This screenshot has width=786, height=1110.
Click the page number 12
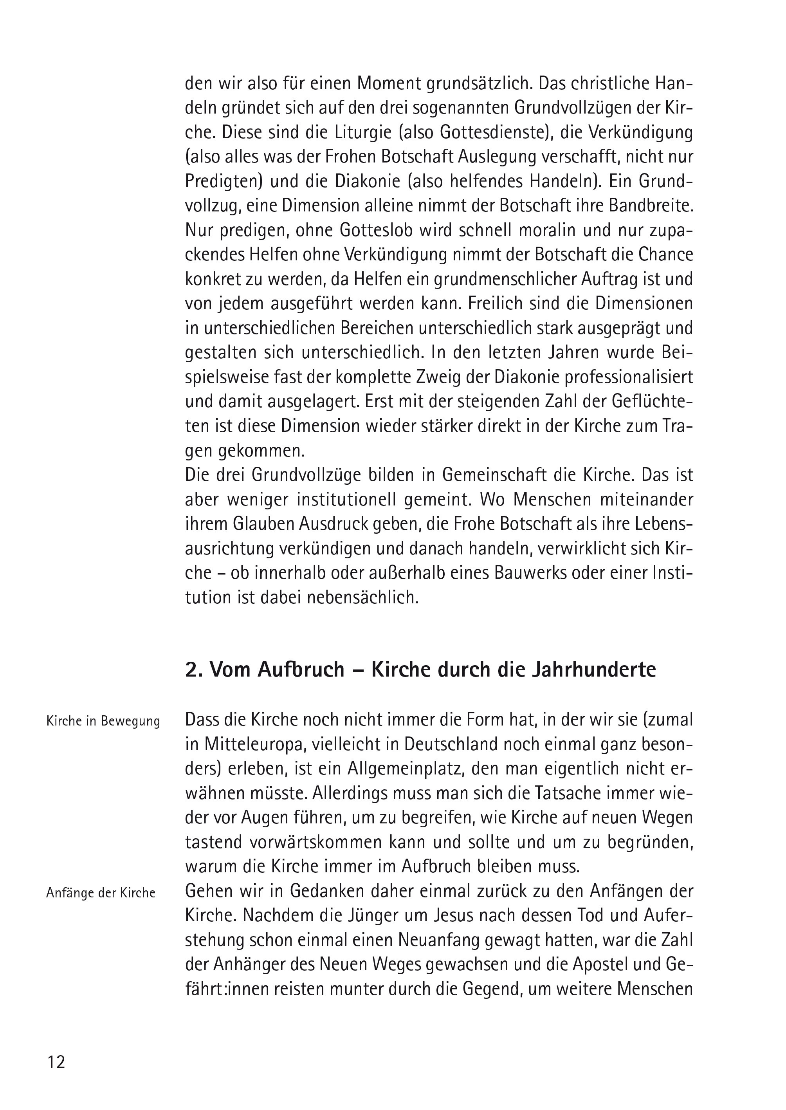[x=56, y=1063]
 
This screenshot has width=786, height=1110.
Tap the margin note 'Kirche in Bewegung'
[x=103, y=721]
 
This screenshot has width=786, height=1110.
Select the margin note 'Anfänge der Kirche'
[x=101, y=893]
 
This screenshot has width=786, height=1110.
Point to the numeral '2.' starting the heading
[x=194, y=670]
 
